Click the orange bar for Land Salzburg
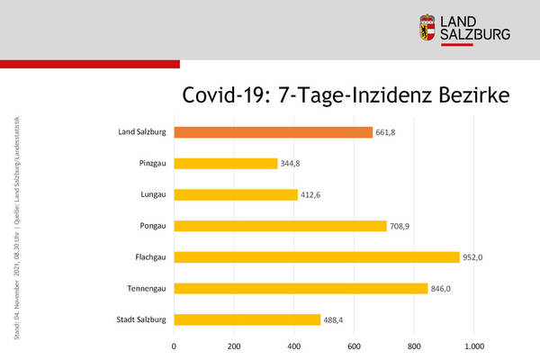(x=273, y=133)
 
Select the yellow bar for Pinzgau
(x=226, y=164)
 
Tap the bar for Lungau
(x=236, y=194)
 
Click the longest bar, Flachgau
(x=317, y=256)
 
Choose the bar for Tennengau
(x=301, y=288)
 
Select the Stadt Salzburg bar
(x=247, y=319)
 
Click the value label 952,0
(x=474, y=257)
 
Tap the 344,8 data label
(x=292, y=164)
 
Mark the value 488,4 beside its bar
(x=336, y=319)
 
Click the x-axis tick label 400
(x=294, y=345)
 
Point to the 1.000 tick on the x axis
(x=474, y=345)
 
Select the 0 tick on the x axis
(x=175, y=345)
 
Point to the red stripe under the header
(x=90, y=64)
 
